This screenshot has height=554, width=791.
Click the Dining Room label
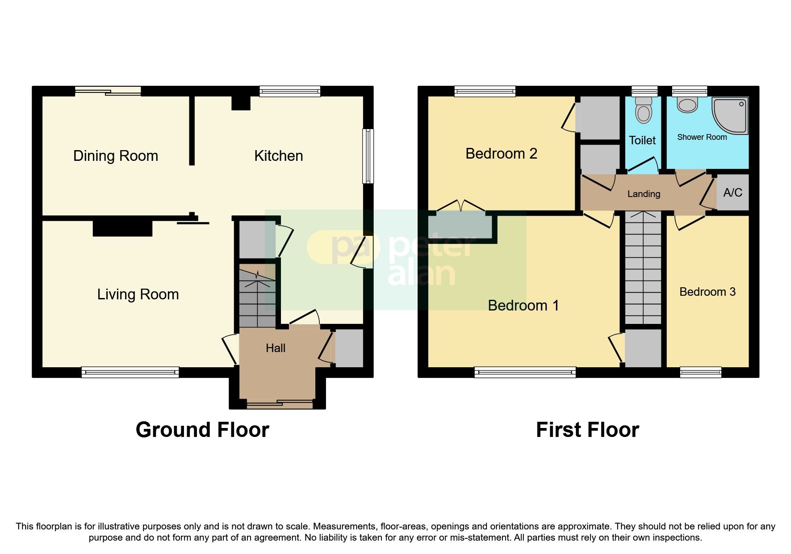[116, 156]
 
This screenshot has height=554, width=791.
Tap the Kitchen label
[278, 156]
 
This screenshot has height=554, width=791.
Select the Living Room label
[138, 294]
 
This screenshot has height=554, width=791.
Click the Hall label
[275, 348]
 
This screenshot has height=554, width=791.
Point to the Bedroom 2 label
[501, 154]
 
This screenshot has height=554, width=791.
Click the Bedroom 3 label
[707, 292]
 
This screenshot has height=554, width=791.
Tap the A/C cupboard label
[732, 193]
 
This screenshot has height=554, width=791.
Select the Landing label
[643, 194]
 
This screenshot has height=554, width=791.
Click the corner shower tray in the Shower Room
[731, 115]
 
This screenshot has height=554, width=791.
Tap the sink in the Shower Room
[687, 105]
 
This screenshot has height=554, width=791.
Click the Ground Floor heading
[202, 430]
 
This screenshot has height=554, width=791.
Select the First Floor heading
[587, 430]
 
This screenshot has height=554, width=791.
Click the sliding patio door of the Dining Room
[108, 92]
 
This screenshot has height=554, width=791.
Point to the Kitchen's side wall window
[368, 156]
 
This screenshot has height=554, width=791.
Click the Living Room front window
[130, 372]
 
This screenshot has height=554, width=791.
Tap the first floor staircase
[643, 268]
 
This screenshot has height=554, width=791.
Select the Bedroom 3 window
[700, 372]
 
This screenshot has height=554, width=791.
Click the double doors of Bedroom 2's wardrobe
[460, 207]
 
